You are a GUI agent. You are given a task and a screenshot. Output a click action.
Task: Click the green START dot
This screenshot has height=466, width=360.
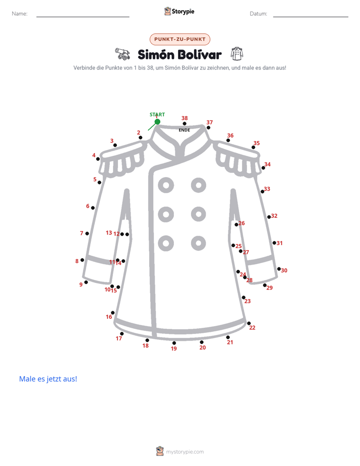point(157,122)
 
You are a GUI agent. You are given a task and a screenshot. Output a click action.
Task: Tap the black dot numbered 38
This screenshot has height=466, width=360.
point(185,124)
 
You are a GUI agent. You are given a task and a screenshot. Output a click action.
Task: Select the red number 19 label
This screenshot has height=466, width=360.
point(174,348)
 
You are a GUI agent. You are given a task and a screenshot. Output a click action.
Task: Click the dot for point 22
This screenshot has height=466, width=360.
point(249,323)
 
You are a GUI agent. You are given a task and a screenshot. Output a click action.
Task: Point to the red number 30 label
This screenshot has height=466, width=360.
point(284,270)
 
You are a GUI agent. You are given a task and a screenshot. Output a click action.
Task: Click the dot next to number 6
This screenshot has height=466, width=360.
point(93,208)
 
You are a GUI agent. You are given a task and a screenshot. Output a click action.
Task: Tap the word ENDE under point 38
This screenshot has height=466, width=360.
point(184,130)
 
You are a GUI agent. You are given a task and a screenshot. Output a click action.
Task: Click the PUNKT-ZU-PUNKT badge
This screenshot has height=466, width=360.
point(180,39)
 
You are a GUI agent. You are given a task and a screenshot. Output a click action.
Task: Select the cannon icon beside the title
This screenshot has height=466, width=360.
point(123,54)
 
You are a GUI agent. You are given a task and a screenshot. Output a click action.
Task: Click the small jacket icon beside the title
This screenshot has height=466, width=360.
point(237,53)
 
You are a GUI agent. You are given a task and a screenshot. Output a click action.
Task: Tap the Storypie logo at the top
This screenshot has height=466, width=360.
point(179,11)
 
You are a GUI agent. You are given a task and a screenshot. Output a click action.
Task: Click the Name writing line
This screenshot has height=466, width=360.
point(83,17)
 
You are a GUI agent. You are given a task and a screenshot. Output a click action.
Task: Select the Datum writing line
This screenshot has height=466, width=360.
point(311,17)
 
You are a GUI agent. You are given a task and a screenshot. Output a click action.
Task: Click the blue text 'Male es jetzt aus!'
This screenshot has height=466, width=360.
point(48,379)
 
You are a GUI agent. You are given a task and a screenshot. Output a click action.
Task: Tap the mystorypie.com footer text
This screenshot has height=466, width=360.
point(185,452)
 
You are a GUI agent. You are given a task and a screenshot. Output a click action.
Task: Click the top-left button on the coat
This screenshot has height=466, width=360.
point(166,186)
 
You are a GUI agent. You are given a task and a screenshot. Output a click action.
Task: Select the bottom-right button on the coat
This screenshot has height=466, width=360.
point(199,244)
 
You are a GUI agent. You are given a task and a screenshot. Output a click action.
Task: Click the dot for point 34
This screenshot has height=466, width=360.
point(263,168)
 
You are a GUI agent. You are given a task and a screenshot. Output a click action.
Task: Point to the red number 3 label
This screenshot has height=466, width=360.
point(112,141)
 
